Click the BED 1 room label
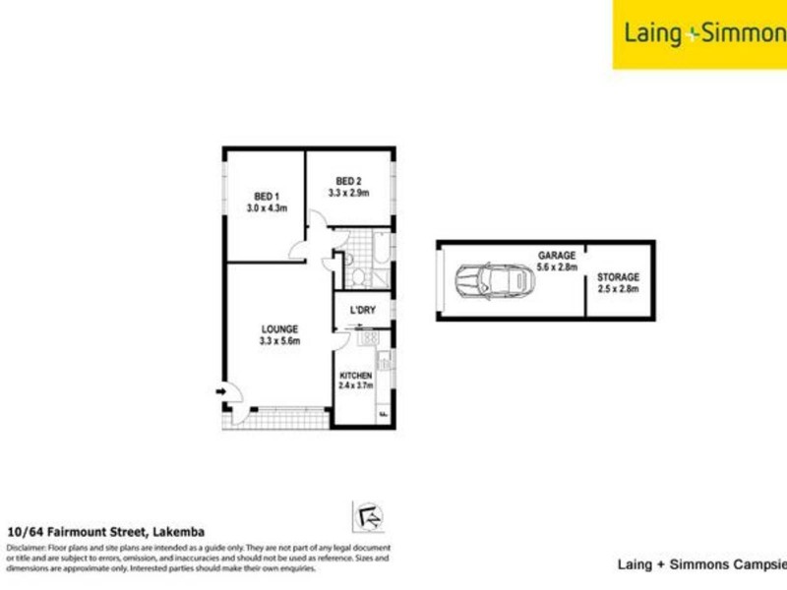click(264, 195)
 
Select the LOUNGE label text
click(278, 328)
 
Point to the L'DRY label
click(364, 312)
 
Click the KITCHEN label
click(355, 377)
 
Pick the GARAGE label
click(556, 255)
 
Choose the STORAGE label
click(618, 278)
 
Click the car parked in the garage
click(495, 281)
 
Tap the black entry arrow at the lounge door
click(223, 393)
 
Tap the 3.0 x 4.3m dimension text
click(265, 208)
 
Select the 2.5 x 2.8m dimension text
click(618, 291)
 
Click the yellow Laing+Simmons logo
click(699, 34)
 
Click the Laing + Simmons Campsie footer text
click(701, 564)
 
